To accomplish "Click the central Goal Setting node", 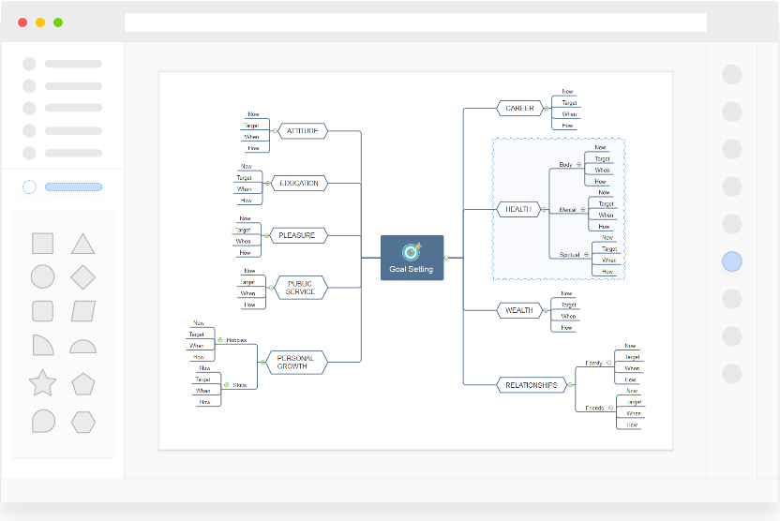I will click(x=412, y=258).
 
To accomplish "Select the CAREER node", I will click(x=519, y=108).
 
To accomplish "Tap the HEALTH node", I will click(x=518, y=209).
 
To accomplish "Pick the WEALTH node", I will click(x=519, y=310).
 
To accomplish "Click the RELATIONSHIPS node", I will click(x=532, y=385).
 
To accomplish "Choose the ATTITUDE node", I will click(x=302, y=131).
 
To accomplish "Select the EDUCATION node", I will click(x=299, y=183).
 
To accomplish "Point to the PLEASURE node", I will click(x=297, y=234).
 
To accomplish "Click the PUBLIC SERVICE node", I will click(x=301, y=287).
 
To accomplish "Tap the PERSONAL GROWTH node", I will click(x=296, y=362).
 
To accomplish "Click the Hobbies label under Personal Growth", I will click(x=236, y=340).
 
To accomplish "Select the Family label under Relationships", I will click(x=594, y=363).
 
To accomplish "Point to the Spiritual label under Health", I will click(x=569, y=255).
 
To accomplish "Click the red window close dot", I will click(x=22, y=22).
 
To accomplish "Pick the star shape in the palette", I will click(x=42, y=383).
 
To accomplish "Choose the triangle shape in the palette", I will click(x=83, y=245).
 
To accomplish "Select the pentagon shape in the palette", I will click(x=83, y=383).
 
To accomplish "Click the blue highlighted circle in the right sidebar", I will click(x=732, y=261).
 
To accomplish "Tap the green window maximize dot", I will click(x=58, y=22).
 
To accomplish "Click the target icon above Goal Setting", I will click(x=412, y=251).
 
